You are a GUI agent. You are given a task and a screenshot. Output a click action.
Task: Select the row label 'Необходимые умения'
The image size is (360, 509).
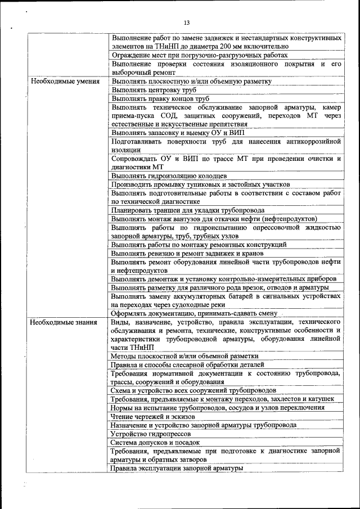pos(65,81)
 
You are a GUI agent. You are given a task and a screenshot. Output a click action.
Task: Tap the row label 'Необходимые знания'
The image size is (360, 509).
pos(64,322)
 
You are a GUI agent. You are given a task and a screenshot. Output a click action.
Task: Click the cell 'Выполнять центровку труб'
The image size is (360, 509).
pos(150,89)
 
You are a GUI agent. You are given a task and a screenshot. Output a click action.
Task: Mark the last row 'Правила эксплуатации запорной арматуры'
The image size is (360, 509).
pos(177,468)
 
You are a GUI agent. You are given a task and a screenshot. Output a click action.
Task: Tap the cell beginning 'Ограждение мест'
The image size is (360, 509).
pos(199,55)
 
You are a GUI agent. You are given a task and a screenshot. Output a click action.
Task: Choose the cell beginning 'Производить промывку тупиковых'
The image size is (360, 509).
pos(200,184)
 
